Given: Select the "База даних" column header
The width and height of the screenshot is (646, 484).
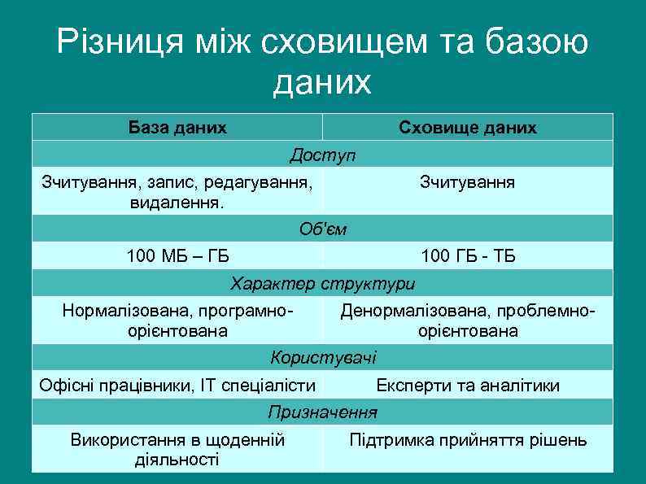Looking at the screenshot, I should (177, 128).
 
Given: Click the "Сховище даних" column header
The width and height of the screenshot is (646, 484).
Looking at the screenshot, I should (468, 128).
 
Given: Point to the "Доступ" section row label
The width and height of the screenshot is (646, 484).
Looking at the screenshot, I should (323, 155).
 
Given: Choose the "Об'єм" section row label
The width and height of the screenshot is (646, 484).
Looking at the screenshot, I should (323, 229).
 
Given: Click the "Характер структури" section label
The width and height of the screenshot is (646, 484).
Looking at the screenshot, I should (323, 284).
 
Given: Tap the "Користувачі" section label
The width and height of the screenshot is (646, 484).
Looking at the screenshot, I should (323, 357).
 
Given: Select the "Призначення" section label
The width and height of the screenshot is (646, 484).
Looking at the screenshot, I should (323, 412).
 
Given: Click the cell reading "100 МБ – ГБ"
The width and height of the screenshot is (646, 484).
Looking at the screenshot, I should (177, 257).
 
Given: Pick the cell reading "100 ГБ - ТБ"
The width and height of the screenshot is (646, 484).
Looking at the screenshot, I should (468, 257).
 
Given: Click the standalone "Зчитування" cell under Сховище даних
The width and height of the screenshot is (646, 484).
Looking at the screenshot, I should (467, 181).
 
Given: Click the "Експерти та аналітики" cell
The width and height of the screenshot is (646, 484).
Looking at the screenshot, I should (468, 386).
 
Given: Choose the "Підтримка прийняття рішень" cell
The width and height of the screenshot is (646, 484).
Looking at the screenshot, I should (468, 441).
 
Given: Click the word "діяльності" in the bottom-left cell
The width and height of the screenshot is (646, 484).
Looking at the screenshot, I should (177, 460).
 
